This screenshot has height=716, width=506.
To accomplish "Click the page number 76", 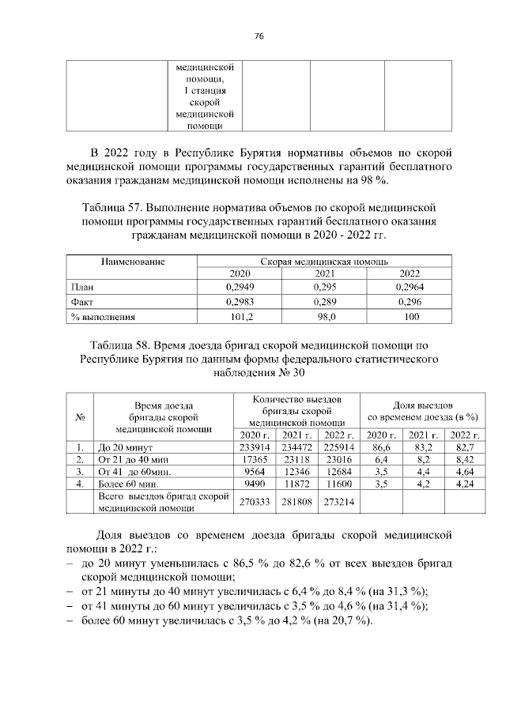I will coord(259,36).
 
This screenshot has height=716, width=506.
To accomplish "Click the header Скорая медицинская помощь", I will coord(323,260).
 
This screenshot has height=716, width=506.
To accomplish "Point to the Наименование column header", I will coord(130,260).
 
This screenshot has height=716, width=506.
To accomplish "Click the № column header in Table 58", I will coord(79,418).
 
